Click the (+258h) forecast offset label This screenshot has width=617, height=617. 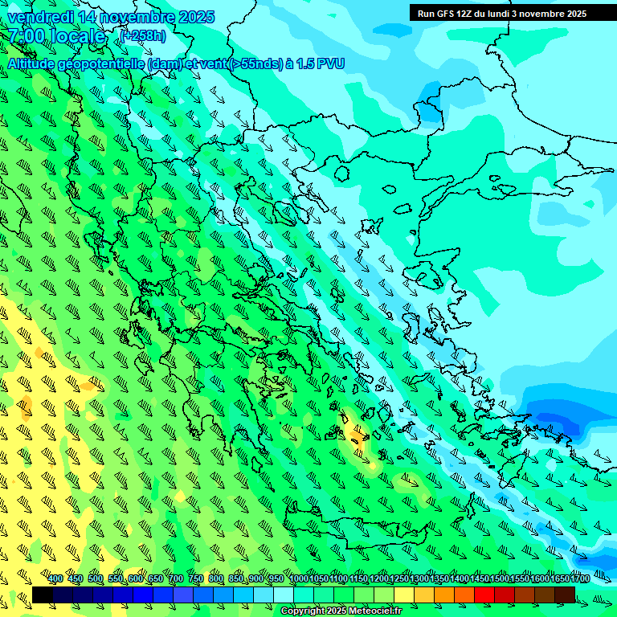coord(142,36)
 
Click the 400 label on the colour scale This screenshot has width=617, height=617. coord(55,579)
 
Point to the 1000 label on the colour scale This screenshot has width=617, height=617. coord(298,579)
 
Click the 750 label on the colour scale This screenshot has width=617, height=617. coord(195,579)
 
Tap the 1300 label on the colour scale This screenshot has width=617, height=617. coord(419,579)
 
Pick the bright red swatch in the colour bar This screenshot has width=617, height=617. coord(484,595)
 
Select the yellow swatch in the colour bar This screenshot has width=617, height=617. coord(404,595)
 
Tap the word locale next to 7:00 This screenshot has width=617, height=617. coord(77,36)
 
